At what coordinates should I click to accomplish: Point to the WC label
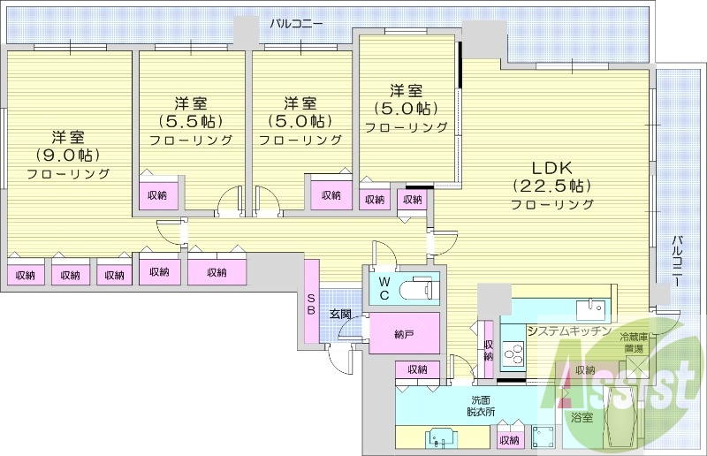point(384,288)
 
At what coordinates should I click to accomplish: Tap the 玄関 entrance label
point(340,314)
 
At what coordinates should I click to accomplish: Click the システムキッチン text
point(569,331)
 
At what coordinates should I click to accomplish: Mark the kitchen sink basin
point(589,308)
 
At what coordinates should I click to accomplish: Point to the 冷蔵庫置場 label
point(635,343)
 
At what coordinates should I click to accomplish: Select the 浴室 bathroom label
point(582,416)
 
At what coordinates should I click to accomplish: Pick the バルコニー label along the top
point(296,24)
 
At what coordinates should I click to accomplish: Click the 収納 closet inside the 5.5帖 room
point(158,195)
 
